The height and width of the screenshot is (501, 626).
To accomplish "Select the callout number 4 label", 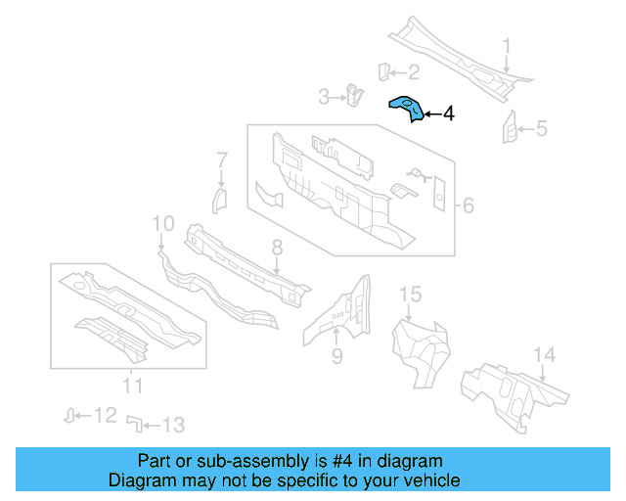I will click(448, 114).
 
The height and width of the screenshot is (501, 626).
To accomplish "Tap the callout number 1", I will click(507, 46).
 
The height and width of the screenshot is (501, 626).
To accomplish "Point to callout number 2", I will click(413, 71).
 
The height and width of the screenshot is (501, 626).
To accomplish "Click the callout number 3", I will click(325, 96).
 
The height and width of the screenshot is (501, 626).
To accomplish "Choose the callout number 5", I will click(541, 128).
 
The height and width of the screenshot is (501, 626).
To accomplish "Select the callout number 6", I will click(468, 205).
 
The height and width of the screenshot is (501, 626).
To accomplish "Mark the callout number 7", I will click(222, 159).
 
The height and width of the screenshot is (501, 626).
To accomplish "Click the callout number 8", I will click(277, 248).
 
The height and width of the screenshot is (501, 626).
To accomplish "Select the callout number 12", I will click(106, 416).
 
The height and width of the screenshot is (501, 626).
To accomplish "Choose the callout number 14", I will click(544, 354).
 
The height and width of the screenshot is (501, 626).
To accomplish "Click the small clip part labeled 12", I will click(70, 415).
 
